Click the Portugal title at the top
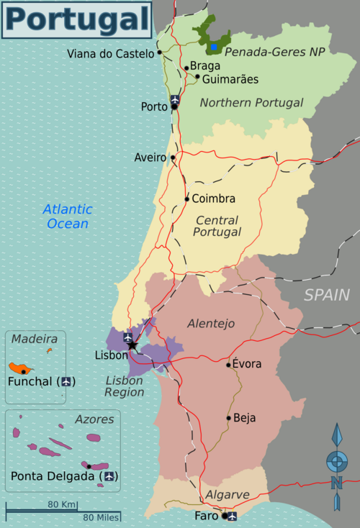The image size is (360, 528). click(x=77, y=19)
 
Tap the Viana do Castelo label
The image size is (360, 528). click(x=110, y=53)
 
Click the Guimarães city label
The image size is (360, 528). click(x=230, y=79)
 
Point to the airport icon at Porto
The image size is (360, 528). click(x=175, y=99)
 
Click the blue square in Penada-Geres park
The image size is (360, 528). click(x=214, y=48)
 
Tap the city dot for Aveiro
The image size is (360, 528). click(x=173, y=158)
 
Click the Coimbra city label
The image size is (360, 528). click(x=214, y=199)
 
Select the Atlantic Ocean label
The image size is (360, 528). click(x=68, y=217)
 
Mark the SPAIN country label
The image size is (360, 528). click(x=326, y=295)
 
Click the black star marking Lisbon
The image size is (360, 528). click(x=132, y=346)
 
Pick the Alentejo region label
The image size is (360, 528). click(x=211, y=324)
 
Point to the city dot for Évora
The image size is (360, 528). click(x=229, y=365)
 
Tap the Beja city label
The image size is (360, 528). click(x=244, y=417)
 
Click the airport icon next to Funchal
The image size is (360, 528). click(x=68, y=381)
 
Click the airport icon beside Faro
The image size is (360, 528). click(x=232, y=516)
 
